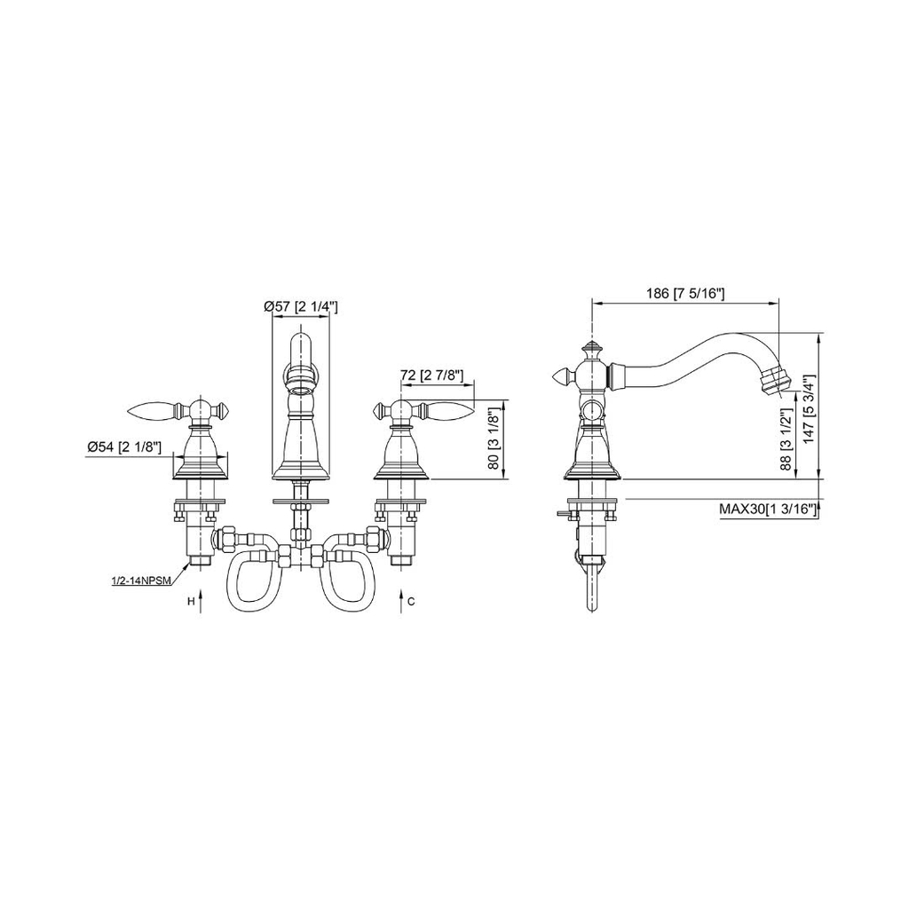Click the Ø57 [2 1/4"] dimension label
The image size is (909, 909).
pos(300,306)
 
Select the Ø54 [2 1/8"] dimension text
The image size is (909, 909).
pos(123,447)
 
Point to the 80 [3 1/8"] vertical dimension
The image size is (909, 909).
pos(494,439)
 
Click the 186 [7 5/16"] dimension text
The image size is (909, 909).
pos(685,293)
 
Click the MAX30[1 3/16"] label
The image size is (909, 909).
pos(768,509)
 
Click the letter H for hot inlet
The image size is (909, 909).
pos(190,602)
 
